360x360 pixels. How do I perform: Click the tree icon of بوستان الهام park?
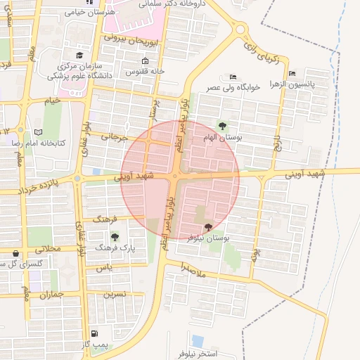coord(223,127)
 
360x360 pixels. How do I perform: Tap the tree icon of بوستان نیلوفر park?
coord(208,226)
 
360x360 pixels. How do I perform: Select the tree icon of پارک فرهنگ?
coord(115,236)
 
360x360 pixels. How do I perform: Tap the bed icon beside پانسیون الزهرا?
coord(292,73)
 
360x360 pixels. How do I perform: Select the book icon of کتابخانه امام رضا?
coord(39,132)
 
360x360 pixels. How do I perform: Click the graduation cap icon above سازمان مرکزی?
coord(79,55)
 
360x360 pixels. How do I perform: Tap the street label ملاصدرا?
coord(191,268)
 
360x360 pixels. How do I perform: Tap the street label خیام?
coord(52,101)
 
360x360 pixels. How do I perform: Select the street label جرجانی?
coord(115,138)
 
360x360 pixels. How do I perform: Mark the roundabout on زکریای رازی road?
coord(242,30)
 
